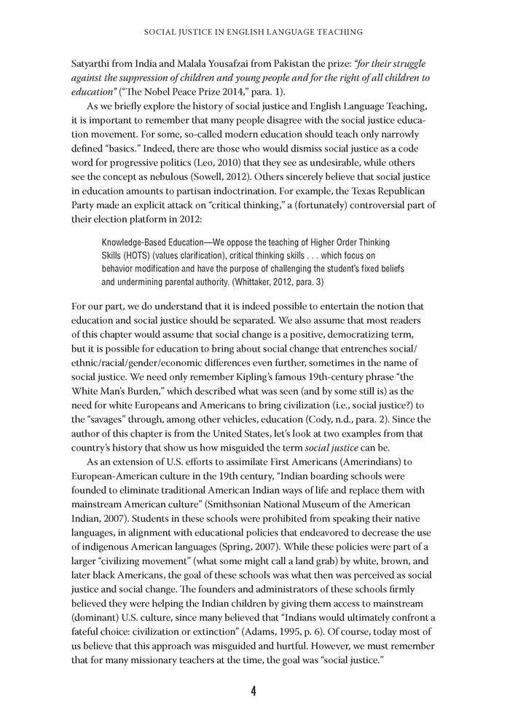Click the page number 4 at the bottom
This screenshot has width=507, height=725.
point(253,691)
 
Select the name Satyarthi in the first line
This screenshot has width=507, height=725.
point(95,63)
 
